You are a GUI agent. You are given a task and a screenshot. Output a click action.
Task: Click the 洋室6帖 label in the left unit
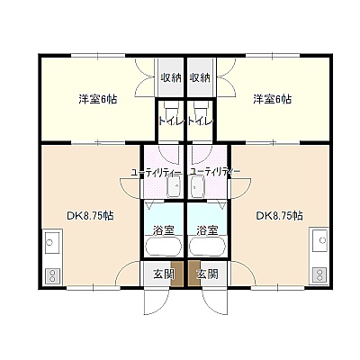[98, 99]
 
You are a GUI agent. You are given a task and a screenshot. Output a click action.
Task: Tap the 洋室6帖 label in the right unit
[272, 99]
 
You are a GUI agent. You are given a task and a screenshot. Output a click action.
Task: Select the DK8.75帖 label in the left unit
[90, 215]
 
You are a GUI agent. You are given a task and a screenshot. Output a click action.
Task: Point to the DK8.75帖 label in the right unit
[279, 215]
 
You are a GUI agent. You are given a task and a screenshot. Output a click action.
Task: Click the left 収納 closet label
[171, 78]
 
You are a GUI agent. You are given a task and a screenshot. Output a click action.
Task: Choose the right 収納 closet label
[200, 78]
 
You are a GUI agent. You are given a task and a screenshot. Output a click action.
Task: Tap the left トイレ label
[171, 121]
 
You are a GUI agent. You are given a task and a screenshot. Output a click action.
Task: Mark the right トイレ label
[201, 121]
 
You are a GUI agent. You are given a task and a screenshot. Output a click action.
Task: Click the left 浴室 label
[164, 230]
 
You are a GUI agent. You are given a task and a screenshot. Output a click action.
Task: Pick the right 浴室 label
[207, 230]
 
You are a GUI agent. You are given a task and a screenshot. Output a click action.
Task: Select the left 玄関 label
[164, 274]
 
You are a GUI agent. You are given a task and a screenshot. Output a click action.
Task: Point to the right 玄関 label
[207, 274]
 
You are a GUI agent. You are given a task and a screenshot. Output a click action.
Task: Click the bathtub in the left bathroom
[164, 246]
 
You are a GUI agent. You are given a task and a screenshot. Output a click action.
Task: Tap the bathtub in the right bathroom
[208, 246]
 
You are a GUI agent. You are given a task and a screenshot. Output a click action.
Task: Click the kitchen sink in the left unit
[52, 241]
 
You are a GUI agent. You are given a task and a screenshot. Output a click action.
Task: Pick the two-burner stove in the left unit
[52, 275]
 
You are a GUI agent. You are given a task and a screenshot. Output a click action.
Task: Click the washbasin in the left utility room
[174, 186]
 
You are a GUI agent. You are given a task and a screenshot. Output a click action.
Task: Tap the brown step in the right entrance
[194, 274]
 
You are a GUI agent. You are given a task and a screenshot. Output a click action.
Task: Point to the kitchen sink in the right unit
[319, 240]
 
